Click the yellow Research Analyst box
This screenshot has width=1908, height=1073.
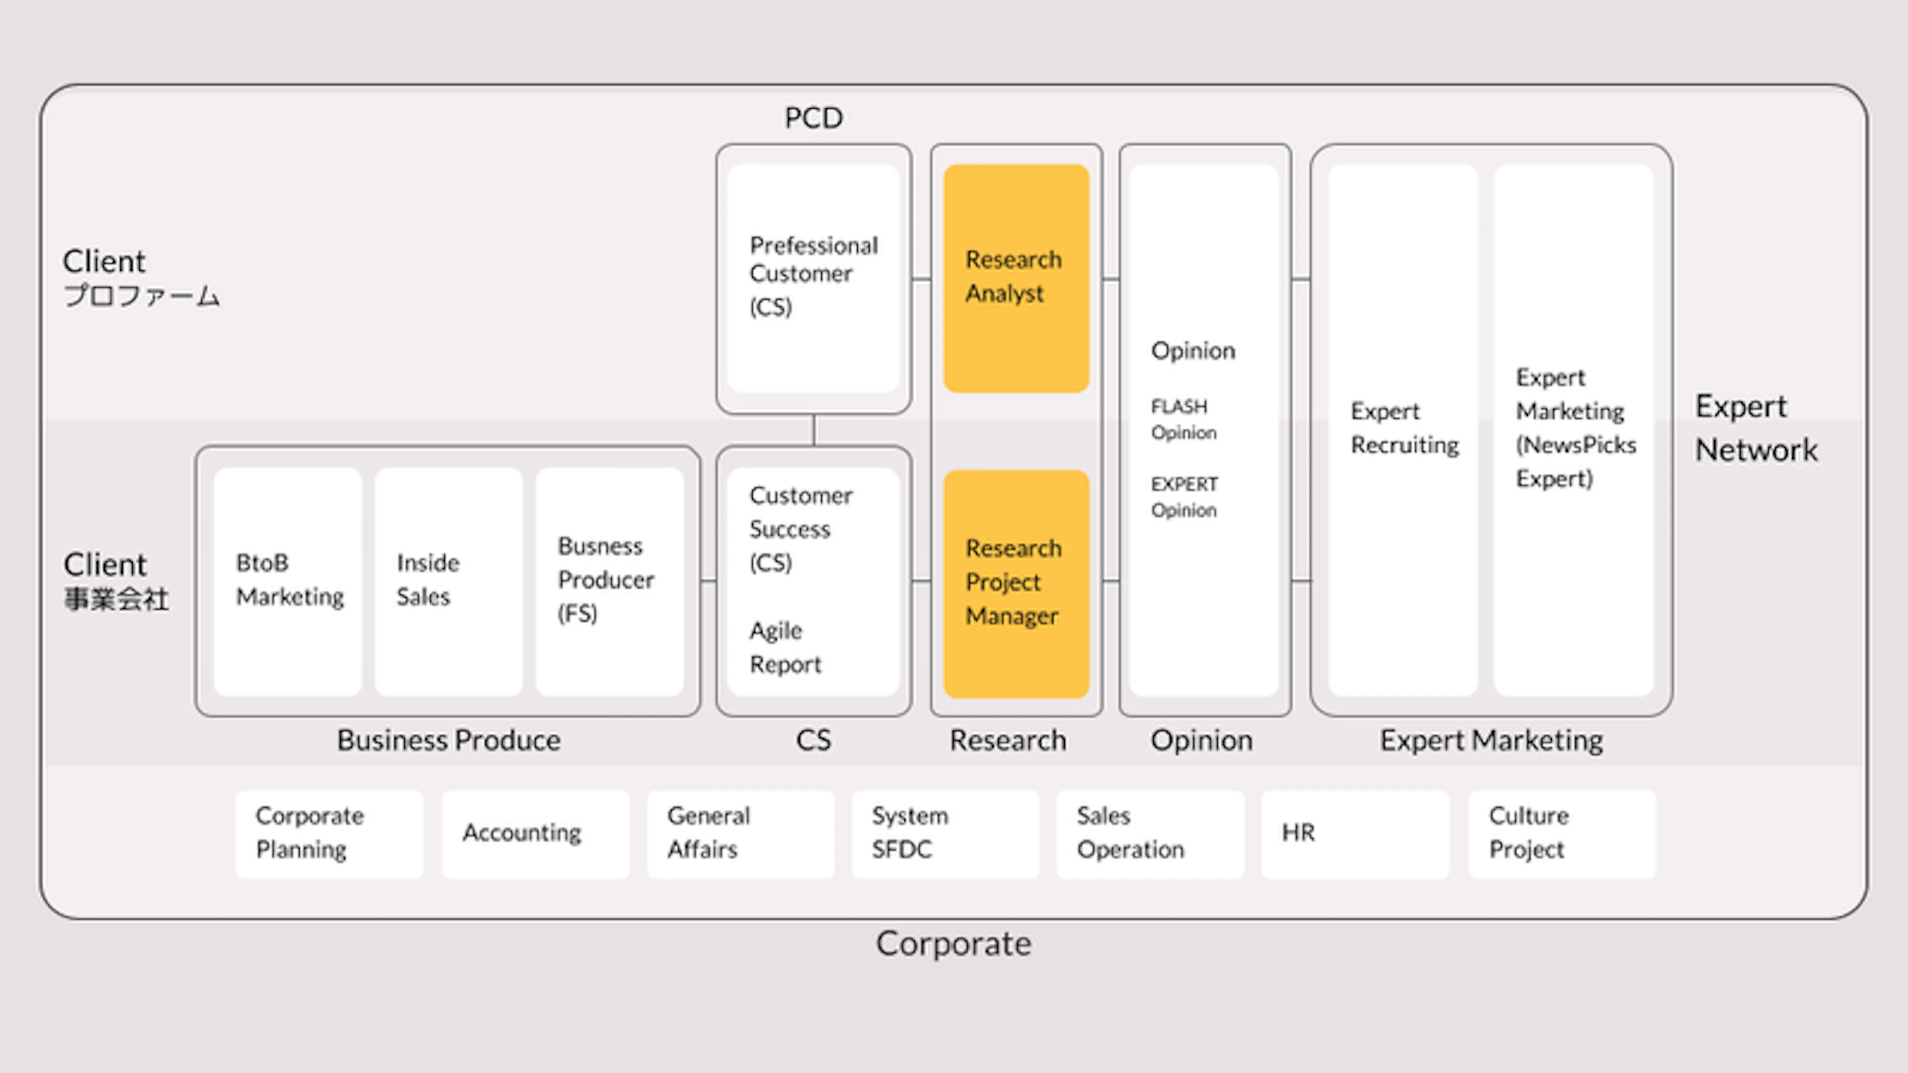[1016, 278]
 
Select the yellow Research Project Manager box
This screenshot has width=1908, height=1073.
[1016, 584]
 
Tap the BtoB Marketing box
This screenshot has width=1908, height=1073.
[288, 581]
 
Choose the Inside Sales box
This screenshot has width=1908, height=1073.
[449, 581]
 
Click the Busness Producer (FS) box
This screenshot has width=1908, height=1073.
[610, 581]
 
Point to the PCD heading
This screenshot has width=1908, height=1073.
[813, 118]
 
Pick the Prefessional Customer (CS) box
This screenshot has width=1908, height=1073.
[813, 278]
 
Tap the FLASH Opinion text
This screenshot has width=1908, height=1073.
[1184, 419]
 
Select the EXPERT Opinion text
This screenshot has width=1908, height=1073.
[1184, 497]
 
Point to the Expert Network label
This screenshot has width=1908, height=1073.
[1756, 428]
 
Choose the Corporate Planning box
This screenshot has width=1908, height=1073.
[329, 835]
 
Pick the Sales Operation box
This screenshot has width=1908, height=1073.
[1150, 835]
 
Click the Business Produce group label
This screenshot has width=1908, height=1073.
[449, 740]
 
